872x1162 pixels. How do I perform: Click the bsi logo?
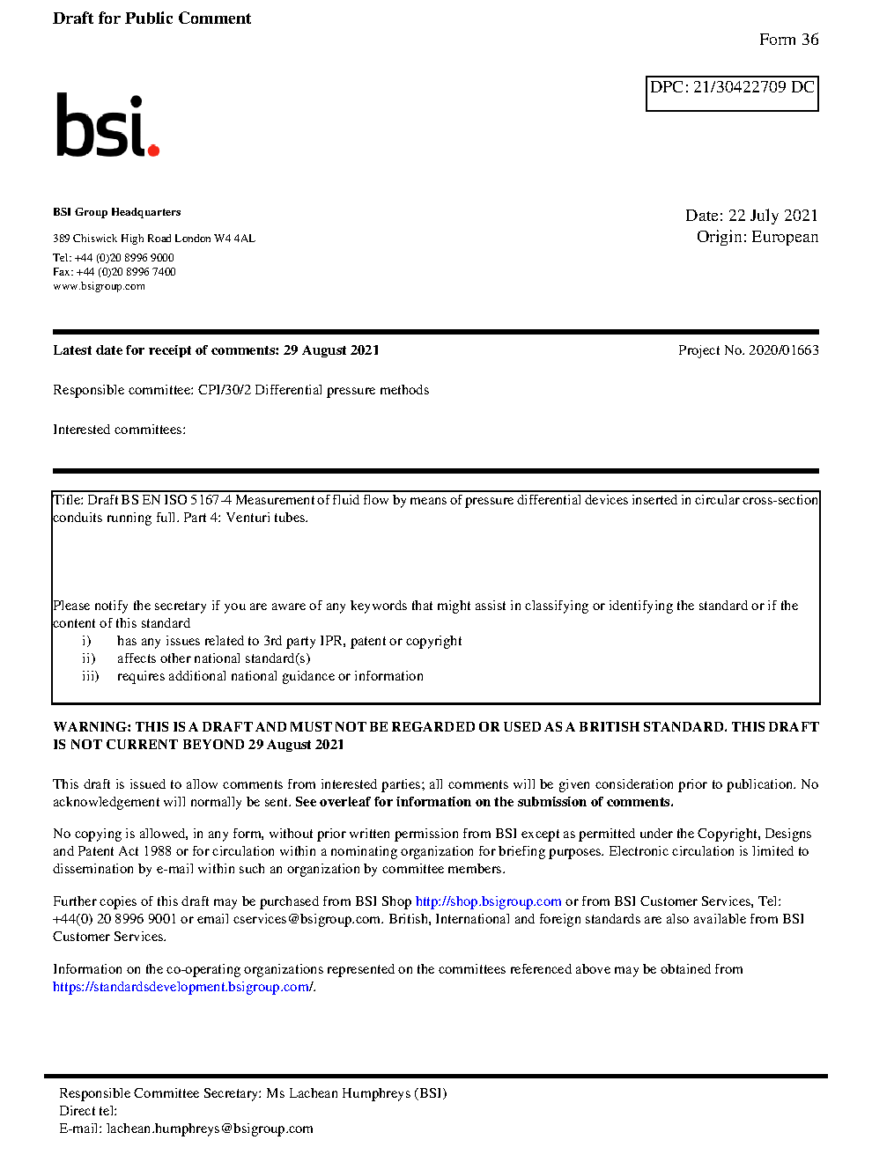pyautogui.click(x=107, y=126)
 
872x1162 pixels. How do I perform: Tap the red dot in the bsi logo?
pyautogui.click(x=154, y=150)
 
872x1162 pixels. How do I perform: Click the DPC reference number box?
pyautogui.click(x=732, y=92)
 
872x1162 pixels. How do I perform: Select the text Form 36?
pyautogui.click(x=788, y=40)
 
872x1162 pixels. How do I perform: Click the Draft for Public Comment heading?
pyautogui.click(x=151, y=18)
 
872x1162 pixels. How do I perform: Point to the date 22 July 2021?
pyautogui.click(x=772, y=216)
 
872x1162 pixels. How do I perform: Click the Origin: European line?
pyautogui.click(x=757, y=237)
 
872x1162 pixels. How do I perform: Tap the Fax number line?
pyautogui.click(x=114, y=272)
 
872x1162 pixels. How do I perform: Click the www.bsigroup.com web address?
pyautogui.click(x=99, y=286)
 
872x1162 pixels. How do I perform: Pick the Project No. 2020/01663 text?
pyautogui.click(x=748, y=350)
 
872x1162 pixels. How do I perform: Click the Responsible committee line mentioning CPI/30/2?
pyautogui.click(x=240, y=390)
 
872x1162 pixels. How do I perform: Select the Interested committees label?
pyautogui.click(x=119, y=430)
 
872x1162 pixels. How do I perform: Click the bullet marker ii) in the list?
pyautogui.click(x=88, y=658)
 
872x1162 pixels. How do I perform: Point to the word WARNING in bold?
pyautogui.click(x=92, y=727)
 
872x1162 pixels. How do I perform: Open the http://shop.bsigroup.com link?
pyautogui.click(x=488, y=901)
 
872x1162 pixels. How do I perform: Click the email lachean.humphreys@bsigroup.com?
pyautogui.click(x=210, y=1129)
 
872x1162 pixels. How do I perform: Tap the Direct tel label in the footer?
pyautogui.click(x=87, y=1111)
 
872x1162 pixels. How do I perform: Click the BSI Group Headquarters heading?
pyautogui.click(x=116, y=212)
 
